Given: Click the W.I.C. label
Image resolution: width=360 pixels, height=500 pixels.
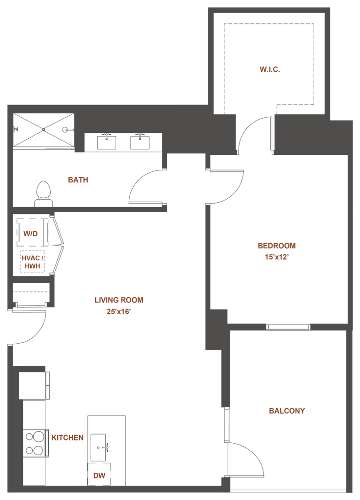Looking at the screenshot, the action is click(x=270, y=69).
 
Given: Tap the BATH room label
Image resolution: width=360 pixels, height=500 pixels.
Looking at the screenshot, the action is click(x=78, y=180).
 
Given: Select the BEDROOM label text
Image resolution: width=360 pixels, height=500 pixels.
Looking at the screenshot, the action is click(x=277, y=246).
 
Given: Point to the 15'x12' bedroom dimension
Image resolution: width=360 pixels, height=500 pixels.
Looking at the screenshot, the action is click(x=277, y=257).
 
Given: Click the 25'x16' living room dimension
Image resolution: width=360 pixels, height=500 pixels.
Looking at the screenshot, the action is click(x=119, y=311).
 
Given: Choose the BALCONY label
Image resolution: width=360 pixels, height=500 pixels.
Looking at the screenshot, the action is click(x=287, y=411).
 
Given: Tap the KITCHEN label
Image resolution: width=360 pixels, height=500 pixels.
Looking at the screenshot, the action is click(x=67, y=437).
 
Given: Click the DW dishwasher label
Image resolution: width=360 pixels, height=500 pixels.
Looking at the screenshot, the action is click(x=100, y=476).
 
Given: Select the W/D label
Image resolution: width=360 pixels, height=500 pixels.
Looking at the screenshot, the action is click(x=31, y=234).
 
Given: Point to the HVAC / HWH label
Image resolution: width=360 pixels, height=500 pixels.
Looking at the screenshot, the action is click(x=33, y=262).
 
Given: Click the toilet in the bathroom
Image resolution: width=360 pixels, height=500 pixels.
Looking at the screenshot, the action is click(x=43, y=194).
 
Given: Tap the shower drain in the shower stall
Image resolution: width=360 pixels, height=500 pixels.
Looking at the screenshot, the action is click(x=43, y=129).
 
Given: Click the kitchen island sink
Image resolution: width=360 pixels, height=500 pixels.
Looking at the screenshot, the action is click(x=99, y=447).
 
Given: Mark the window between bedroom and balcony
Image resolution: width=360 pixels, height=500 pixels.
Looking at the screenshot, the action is click(x=288, y=327).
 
